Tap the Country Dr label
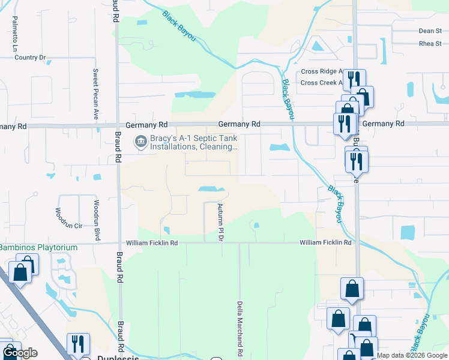[30, 58]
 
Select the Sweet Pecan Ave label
[95, 94]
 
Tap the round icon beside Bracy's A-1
[140, 142]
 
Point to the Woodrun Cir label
[68, 219]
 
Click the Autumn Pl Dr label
[220, 221]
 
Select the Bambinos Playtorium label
[38, 247]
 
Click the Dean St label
[430, 31]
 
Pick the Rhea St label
[430, 43]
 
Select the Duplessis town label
[118, 358]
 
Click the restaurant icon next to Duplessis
[78, 344]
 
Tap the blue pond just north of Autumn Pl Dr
[212, 189]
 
